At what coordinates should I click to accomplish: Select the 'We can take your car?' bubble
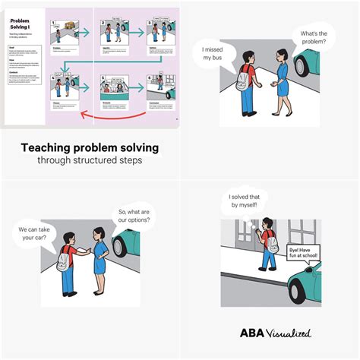click(x=37, y=233)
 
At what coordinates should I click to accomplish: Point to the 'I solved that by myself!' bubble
click(x=248, y=202)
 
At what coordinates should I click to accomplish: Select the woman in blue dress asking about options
click(x=98, y=258)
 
